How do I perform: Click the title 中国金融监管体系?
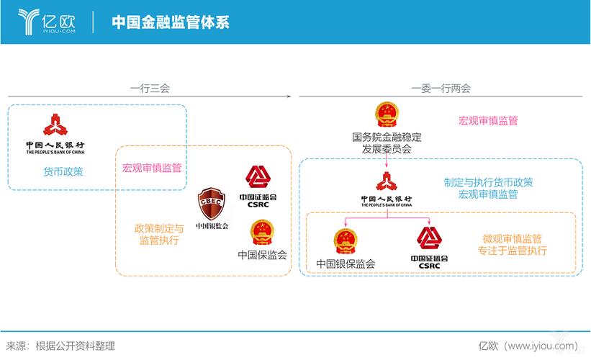pos(171,22)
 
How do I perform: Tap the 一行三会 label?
pos(150,89)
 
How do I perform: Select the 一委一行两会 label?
pos(441,89)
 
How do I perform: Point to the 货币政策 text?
pos(63,171)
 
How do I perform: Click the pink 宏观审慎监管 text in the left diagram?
pos(152,168)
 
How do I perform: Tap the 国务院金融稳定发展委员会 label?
pos(387,143)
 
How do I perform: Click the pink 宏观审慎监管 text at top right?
pos(488,121)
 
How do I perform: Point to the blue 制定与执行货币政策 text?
pos(488,182)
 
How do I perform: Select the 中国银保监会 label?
pos(346,264)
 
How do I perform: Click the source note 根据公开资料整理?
pos(75,346)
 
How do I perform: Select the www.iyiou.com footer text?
pos(541,346)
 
